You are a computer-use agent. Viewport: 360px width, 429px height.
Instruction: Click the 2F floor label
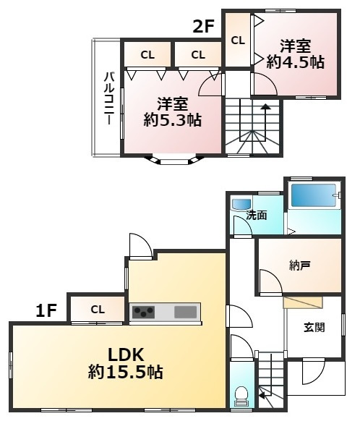click(x=203, y=27)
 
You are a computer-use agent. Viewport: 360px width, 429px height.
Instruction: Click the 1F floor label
click(x=46, y=311)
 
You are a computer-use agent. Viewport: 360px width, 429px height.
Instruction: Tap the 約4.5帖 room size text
click(x=295, y=63)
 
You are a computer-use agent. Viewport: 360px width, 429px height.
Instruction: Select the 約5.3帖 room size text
click(x=173, y=120)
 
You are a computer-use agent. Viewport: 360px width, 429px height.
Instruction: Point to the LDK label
click(x=126, y=354)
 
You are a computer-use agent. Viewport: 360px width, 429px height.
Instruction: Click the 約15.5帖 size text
click(x=126, y=372)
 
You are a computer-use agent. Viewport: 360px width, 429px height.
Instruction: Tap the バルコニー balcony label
click(x=108, y=98)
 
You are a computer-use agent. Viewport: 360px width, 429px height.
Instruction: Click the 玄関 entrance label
click(x=314, y=327)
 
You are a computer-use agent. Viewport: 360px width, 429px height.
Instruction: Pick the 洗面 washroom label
click(x=256, y=216)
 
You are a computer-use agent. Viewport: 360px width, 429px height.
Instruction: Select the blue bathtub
click(x=313, y=195)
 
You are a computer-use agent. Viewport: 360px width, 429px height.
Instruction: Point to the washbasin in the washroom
click(x=241, y=204)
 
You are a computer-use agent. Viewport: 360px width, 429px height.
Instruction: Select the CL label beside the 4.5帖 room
click(x=238, y=41)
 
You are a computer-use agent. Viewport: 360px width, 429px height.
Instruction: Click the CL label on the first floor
click(x=98, y=310)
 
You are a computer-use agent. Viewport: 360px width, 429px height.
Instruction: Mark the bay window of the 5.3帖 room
click(x=174, y=161)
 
